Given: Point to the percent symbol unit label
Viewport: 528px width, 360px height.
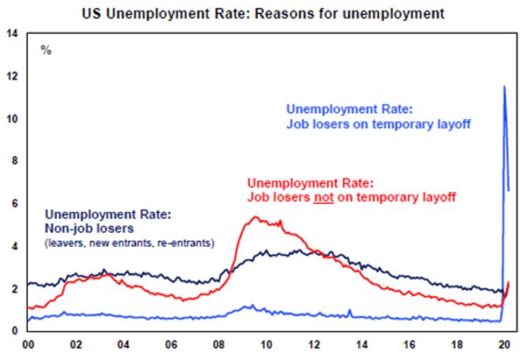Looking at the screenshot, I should pos(46,51).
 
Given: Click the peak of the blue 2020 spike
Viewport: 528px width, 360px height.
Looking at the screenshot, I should pos(504,87).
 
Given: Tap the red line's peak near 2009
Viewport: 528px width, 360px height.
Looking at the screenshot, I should pos(254,217).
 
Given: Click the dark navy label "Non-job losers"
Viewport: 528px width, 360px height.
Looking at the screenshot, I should pos(87,229).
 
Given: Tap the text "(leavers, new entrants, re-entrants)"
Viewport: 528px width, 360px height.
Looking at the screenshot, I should pos(129,242).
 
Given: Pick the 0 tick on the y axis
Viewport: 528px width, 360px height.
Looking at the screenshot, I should pos(15,330).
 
